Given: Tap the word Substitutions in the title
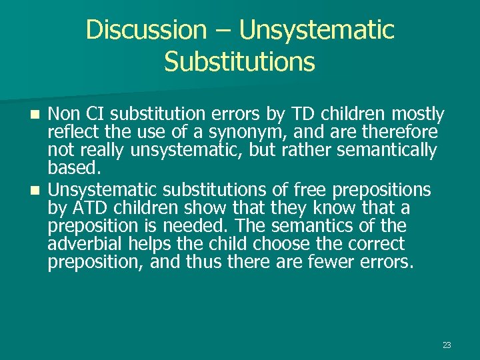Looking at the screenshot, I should pos(239,62).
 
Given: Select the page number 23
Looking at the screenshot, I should pos(447,345).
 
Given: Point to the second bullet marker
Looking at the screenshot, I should pos(37,189).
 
